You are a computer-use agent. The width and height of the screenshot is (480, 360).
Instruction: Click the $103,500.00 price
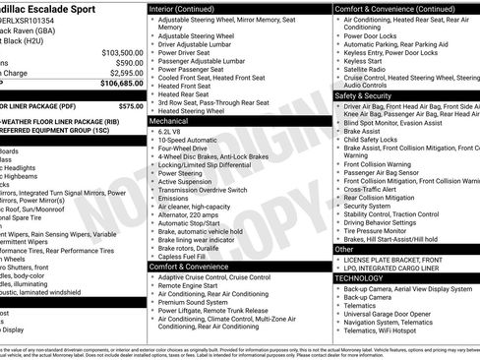point(122,52)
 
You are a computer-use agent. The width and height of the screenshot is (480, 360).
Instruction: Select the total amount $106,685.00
point(122,84)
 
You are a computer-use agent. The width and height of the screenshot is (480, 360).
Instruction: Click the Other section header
point(344,250)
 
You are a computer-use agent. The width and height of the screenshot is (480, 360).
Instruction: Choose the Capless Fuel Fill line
point(187,256)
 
